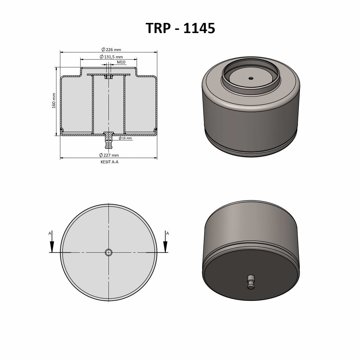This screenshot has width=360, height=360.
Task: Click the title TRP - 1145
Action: coord(180,28)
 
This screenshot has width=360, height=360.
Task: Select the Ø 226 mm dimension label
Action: coord(111,50)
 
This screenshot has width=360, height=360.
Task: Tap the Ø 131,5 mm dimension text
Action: coord(111,57)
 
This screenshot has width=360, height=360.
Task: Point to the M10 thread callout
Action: coord(121,62)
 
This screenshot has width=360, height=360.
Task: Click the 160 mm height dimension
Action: coord(54,101)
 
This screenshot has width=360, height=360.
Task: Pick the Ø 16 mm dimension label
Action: coord(125,138)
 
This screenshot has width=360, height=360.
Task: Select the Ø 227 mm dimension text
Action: coord(109,155)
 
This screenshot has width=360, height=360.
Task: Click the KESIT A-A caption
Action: coord(109,162)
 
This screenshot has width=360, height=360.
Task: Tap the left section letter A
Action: coord(50,233)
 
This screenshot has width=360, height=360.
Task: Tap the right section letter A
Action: coord(167,233)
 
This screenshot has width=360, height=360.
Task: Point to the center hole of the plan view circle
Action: coord(108,252)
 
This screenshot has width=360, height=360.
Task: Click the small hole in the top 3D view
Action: coord(251,78)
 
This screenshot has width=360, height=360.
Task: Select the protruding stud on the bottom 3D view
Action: coord(251,282)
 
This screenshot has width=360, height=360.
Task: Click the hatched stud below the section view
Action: coord(108,141)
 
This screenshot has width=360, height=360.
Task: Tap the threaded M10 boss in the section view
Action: coord(108,77)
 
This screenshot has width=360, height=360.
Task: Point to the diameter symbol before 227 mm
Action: coord(101,155)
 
